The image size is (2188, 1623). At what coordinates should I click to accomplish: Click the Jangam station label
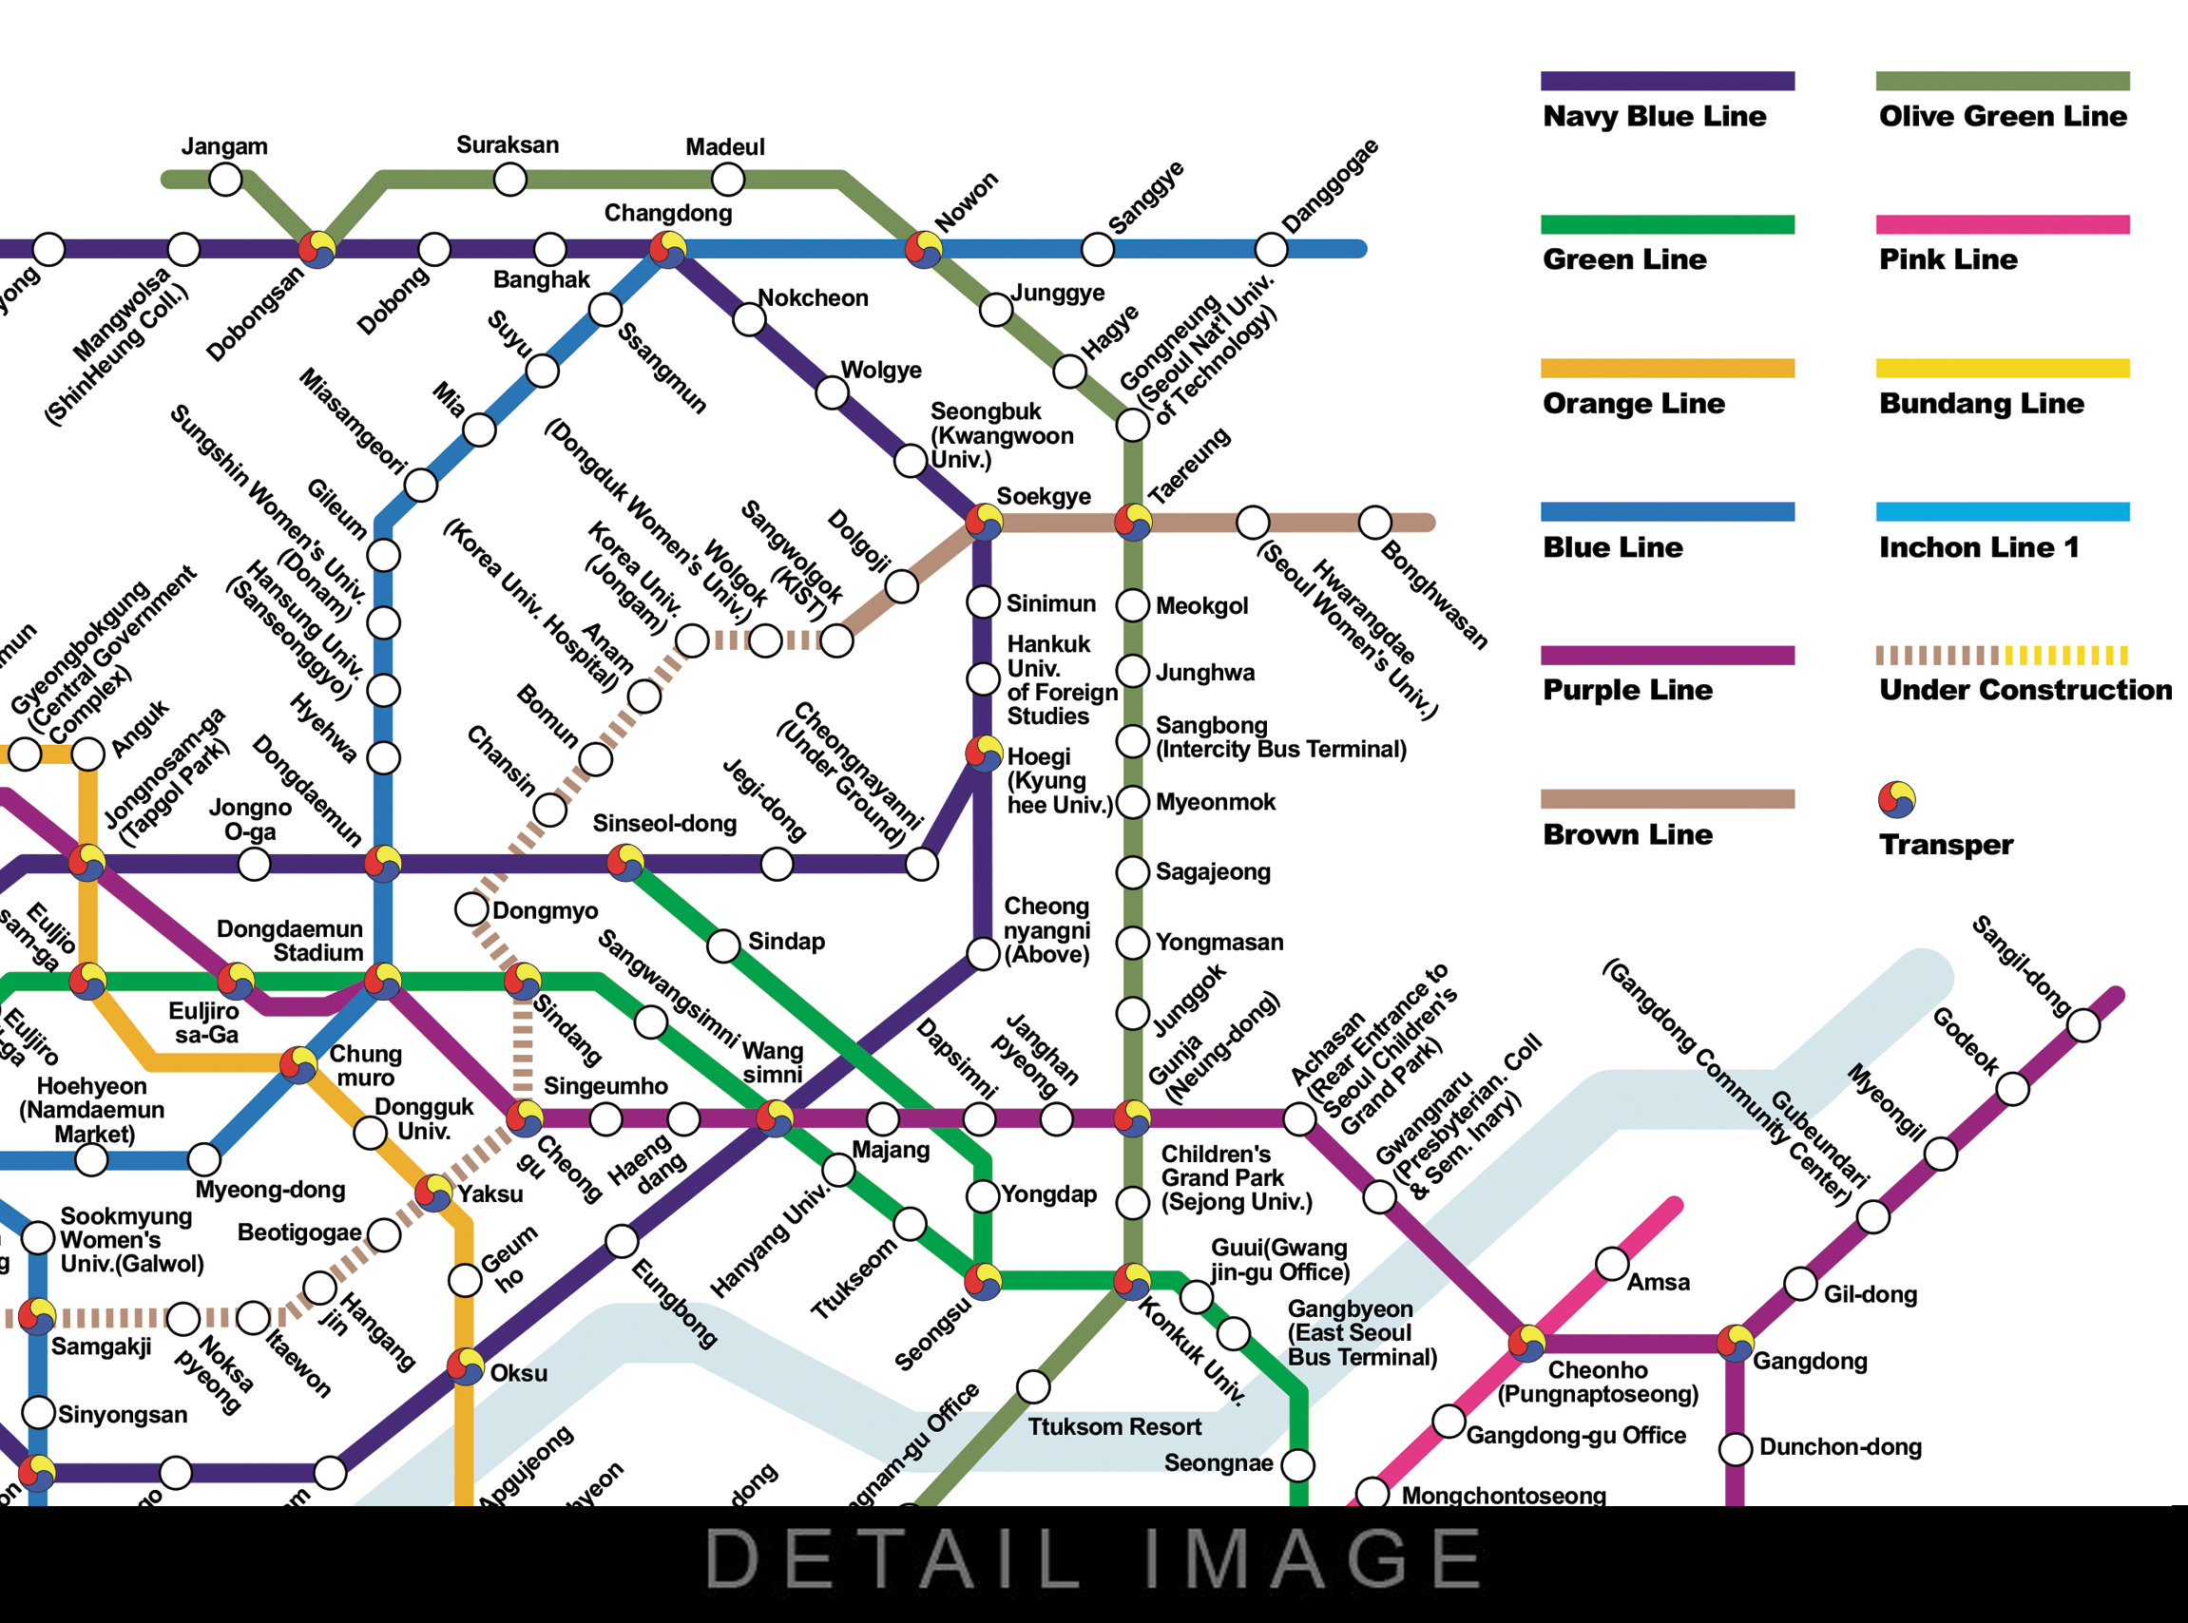(224, 146)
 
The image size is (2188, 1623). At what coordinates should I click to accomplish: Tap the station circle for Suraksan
(509, 180)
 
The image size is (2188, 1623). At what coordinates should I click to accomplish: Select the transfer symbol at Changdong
(668, 250)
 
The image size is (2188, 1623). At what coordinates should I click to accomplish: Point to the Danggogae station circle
(1271, 250)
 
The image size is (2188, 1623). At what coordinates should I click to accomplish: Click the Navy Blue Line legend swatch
(1667, 82)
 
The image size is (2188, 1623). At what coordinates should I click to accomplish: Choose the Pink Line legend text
(1948, 259)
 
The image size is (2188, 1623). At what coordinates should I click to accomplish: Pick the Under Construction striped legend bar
(2002, 656)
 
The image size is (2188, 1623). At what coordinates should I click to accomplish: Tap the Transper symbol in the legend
(1896, 800)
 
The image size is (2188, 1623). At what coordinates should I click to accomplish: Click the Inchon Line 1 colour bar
(2002, 512)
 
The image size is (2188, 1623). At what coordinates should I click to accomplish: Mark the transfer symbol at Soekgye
(984, 522)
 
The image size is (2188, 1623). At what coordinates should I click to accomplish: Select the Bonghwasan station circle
(1374, 522)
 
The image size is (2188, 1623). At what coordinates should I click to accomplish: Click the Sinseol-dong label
(664, 823)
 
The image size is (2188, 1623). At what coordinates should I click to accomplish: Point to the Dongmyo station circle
(471, 908)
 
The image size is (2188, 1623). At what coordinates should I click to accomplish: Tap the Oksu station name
(519, 1372)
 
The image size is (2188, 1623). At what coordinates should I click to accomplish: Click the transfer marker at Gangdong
(1735, 1342)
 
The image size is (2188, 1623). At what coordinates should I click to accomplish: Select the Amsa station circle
(1611, 1264)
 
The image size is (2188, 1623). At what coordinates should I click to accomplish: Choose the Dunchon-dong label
(1840, 1446)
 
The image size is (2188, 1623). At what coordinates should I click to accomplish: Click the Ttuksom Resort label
(1114, 1426)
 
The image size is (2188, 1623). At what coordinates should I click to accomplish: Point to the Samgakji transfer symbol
(37, 1316)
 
